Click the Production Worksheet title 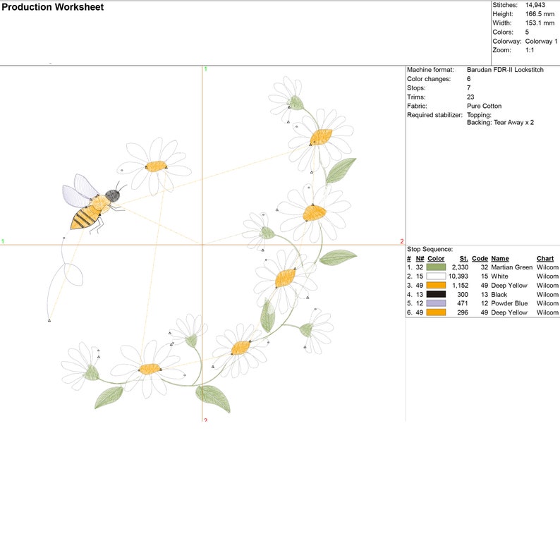point(52,7)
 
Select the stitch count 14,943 point(535,5)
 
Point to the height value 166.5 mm point(540,14)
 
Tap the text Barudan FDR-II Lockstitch point(505,70)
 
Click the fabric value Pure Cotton point(484,106)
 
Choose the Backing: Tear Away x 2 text point(500,123)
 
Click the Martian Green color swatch point(436,267)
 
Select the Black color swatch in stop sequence point(436,294)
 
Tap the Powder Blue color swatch point(436,303)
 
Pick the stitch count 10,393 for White point(458,276)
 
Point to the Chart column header point(545,259)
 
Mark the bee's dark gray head point(113,195)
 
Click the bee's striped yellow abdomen point(86,217)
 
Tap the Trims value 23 point(470,97)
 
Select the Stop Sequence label point(430,249)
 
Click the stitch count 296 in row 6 point(463,312)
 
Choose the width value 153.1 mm point(540,23)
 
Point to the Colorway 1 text point(541,41)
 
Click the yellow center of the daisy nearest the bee point(156,166)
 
